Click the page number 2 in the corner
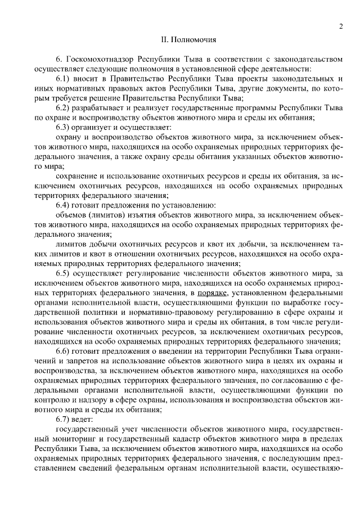point(341,26)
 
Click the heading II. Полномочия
point(185,40)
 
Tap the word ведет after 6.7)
point(85,419)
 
